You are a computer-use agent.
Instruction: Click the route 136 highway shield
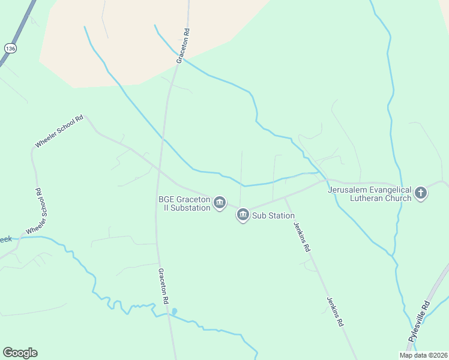10,48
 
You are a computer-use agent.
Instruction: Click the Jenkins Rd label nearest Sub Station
301,236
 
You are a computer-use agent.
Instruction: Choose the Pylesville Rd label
419,322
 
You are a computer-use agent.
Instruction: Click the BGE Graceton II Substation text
184,203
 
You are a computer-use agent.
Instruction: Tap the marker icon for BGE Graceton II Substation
220,202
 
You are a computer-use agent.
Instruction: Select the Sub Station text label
273,215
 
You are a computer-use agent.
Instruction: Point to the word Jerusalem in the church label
348,190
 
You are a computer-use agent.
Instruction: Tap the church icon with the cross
421,193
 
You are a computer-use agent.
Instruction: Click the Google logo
20,353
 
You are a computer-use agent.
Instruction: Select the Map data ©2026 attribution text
423,355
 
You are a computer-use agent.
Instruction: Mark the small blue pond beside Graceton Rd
174,311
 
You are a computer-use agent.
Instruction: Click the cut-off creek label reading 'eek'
5,239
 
